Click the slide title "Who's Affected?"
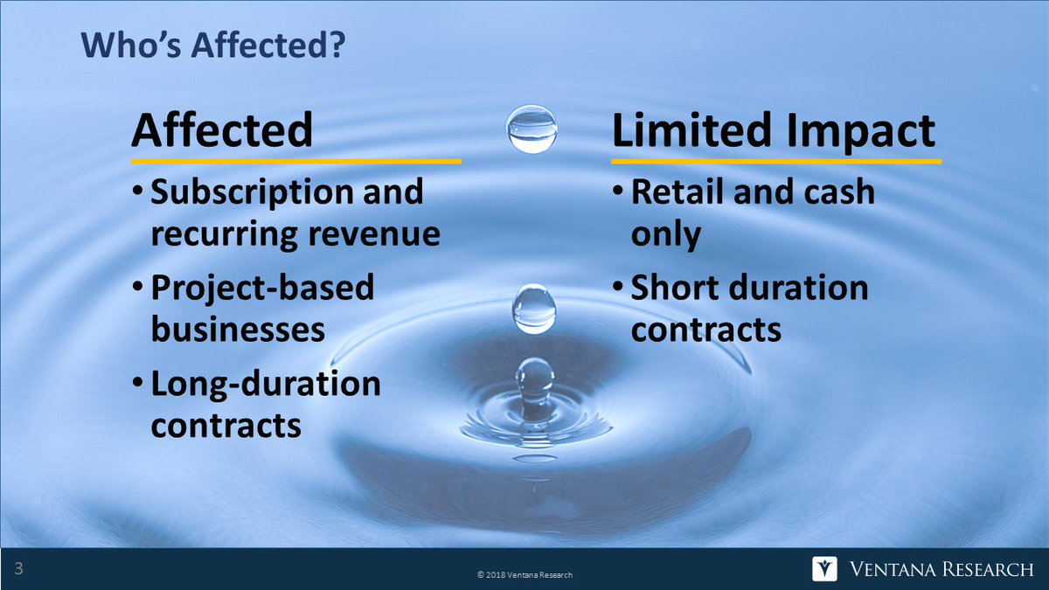click(x=212, y=46)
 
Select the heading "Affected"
click(x=222, y=129)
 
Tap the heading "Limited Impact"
click(x=773, y=129)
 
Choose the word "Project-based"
click(x=262, y=288)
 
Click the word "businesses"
click(x=238, y=330)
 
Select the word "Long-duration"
click(x=266, y=384)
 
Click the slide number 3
click(x=18, y=570)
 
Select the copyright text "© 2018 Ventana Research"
click(x=524, y=574)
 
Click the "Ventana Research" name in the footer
click(x=941, y=570)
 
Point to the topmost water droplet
click(x=531, y=128)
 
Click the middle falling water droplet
click(x=533, y=309)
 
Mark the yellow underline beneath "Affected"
click(x=295, y=162)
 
